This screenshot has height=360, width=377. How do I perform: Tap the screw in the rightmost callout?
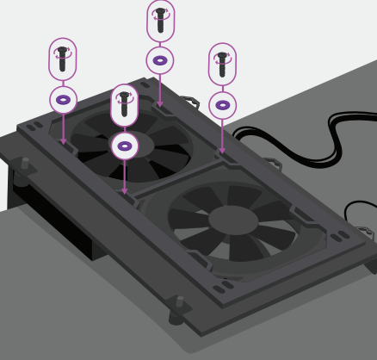point(222,65)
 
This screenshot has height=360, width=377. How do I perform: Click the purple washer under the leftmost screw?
point(62,99)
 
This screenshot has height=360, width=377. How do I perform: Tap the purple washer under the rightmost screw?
point(222,105)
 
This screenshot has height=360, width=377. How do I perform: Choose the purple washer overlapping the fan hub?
point(125,146)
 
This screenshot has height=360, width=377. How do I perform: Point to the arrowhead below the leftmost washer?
point(62,140)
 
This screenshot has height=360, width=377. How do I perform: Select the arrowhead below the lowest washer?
point(125,191)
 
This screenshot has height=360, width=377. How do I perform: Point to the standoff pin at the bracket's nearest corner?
point(179,303)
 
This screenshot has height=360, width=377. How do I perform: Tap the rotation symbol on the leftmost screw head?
point(62,53)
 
